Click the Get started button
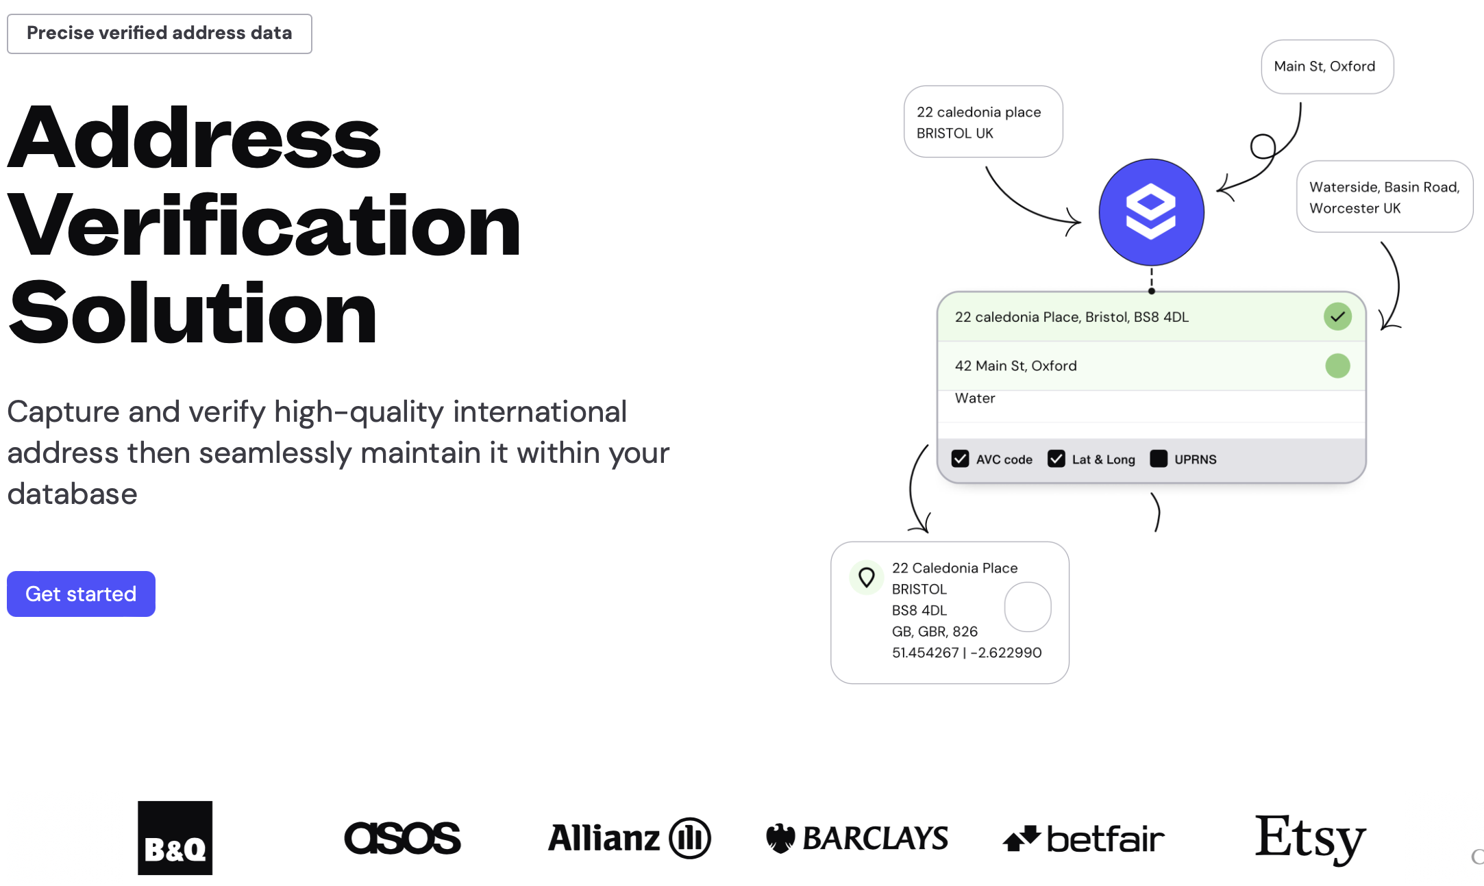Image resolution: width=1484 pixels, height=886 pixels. point(81,594)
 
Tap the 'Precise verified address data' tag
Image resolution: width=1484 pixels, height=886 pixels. point(159,34)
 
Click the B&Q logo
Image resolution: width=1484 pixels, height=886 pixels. point(175,837)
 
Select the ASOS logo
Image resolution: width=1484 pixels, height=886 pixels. point(402,838)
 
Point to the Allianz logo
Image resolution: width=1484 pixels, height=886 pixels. point(629,838)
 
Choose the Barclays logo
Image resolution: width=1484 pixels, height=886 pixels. point(857,838)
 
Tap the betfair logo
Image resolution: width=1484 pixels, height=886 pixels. point(1083,839)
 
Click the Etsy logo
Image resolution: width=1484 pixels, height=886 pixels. point(1310,837)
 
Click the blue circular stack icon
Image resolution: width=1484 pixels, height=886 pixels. point(1151,212)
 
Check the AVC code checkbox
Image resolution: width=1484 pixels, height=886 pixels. point(960,459)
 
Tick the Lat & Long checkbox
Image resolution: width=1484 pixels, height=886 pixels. point(1056,459)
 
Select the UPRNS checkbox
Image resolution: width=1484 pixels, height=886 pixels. point(1159,459)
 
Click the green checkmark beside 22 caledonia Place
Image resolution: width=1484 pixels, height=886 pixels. point(1337,316)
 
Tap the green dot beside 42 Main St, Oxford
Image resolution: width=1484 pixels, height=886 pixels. point(1337,366)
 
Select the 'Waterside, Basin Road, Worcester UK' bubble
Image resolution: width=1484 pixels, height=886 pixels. point(1384,197)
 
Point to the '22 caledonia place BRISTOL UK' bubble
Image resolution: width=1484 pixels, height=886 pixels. point(982,122)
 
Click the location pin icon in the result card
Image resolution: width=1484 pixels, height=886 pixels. point(867,578)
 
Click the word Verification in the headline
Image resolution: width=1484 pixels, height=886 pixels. point(264,226)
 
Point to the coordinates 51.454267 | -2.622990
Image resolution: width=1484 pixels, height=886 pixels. point(966,653)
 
